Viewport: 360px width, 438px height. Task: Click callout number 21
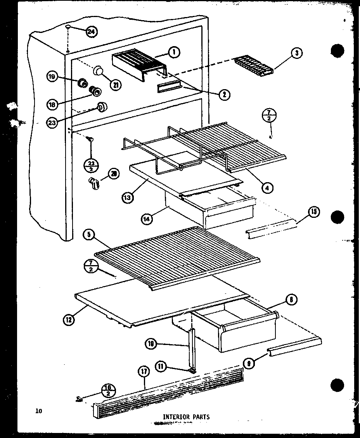point(115,86)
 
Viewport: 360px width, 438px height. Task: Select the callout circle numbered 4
point(267,188)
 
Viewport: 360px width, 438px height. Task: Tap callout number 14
point(147,218)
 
